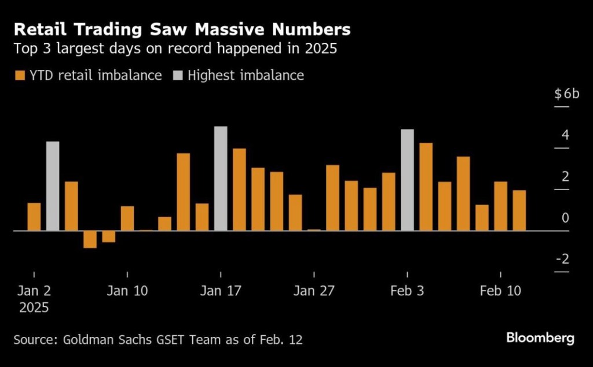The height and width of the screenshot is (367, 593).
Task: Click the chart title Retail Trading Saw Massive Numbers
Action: [x=182, y=29]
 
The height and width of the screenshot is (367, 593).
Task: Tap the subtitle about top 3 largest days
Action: [x=175, y=49]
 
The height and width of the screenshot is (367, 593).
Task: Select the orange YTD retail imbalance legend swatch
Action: [x=19, y=75]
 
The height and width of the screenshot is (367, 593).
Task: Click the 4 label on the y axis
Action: [x=565, y=135]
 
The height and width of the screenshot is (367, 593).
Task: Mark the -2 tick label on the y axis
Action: [x=562, y=259]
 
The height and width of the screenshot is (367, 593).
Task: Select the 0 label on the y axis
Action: [x=565, y=218]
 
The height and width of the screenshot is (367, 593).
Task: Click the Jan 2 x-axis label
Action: [x=34, y=291]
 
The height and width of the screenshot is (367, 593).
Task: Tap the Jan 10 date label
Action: [x=127, y=291]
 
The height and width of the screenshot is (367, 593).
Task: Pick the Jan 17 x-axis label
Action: [x=221, y=291]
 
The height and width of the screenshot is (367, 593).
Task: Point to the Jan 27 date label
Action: [x=314, y=291]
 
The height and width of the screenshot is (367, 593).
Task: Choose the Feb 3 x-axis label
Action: [x=407, y=291]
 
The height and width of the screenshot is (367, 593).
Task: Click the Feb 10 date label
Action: [x=501, y=291]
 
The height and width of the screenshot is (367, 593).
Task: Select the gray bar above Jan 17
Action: [x=221, y=179]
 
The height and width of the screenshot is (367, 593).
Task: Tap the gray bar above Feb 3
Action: [x=407, y=180]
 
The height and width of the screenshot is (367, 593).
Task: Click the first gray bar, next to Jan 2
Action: [x=53, y=186]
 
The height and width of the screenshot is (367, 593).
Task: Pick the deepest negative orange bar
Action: [x=90, y=239]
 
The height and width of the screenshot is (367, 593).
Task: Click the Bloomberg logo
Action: [x=540, y=338]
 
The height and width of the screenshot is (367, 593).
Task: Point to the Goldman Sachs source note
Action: [x=158, y=339]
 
